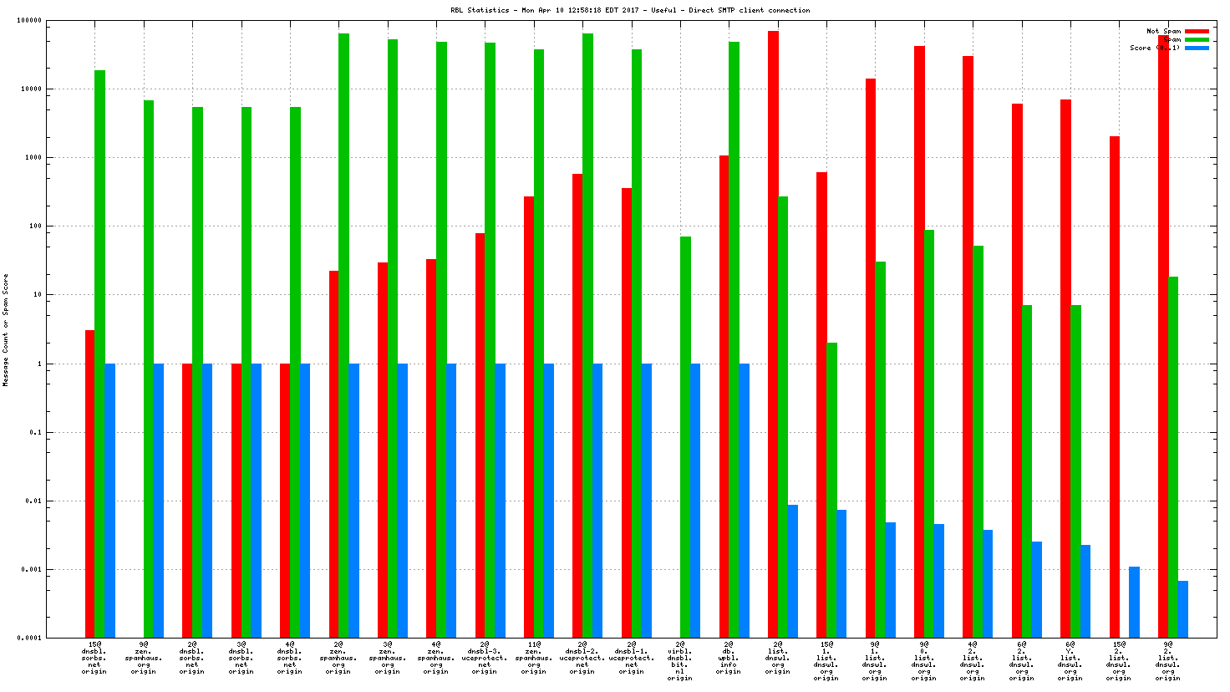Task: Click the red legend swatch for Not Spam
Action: point(1197,31)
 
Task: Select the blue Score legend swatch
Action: point(1197,48)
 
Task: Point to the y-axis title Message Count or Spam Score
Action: point(6,329)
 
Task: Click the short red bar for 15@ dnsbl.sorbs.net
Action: point(89,484)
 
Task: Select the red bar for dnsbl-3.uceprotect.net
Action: point(480,435)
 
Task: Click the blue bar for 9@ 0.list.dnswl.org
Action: point(939,581)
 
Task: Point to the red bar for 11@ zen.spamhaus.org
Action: point(528,417)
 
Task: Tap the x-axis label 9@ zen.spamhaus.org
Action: point(143,658)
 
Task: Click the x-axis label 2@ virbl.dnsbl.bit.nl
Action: point(680,660)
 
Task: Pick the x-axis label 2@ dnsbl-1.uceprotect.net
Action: point(631,658)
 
